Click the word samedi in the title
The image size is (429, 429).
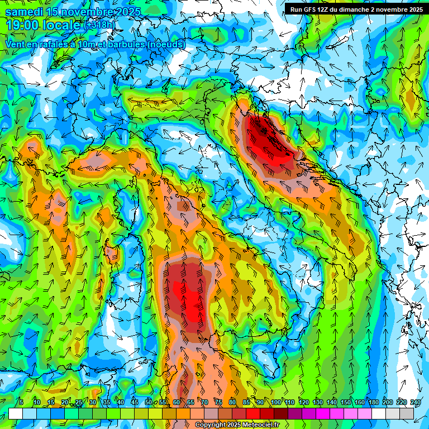tap(22, 12)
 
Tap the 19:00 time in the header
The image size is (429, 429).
tap(21, 26)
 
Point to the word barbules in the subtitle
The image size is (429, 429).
tap(122, 44)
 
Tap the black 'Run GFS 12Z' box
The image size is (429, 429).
tap(356, 9)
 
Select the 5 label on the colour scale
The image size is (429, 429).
tap(21, 402)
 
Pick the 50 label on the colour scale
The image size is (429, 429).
tap(148, 402)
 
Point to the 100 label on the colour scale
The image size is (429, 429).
tap(276, 402)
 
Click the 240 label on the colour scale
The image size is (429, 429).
tap(415, 402)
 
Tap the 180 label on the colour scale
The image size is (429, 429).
tap(373, 402)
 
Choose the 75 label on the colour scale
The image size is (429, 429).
tap(218, 402)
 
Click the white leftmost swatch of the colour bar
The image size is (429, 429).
tap(16, 413)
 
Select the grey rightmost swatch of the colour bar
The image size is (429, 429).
tap(407, 413)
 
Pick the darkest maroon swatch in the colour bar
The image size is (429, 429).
tap(282, 413)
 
